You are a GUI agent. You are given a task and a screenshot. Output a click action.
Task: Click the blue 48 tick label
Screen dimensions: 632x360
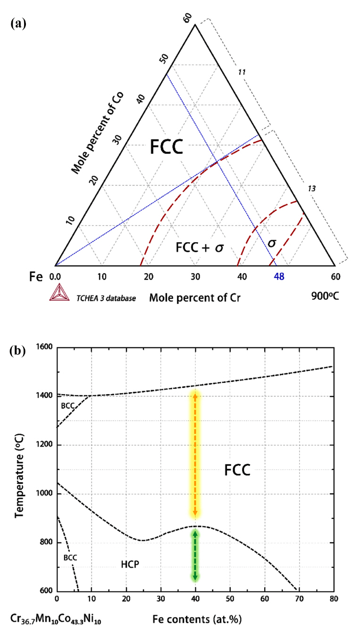click(279, 277)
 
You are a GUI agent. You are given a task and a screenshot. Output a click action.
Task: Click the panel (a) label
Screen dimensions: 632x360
click(17, 24)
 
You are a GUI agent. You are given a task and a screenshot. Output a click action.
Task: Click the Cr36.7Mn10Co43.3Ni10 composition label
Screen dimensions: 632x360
click(56, 618)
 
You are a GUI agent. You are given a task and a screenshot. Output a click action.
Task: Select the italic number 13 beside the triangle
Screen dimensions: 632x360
click(311, 188)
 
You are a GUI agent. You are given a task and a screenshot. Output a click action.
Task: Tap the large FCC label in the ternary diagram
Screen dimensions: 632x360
click(166, 147)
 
